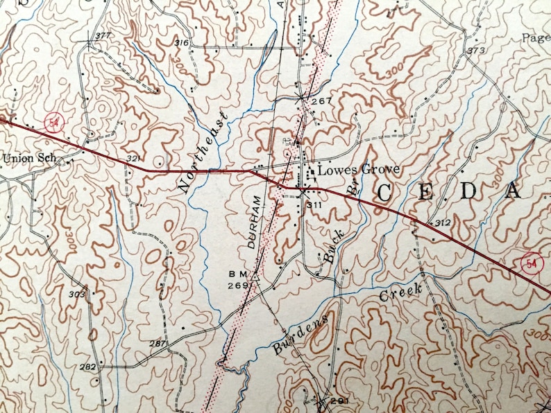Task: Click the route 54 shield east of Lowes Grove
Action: (531, 263)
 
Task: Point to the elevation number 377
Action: (103, 36)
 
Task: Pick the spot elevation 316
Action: (182, 43)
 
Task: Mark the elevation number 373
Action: (475, 51)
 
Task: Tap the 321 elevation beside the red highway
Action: (134, 159)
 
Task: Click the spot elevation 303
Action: (76, 295)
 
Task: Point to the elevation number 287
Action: (157, 344)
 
